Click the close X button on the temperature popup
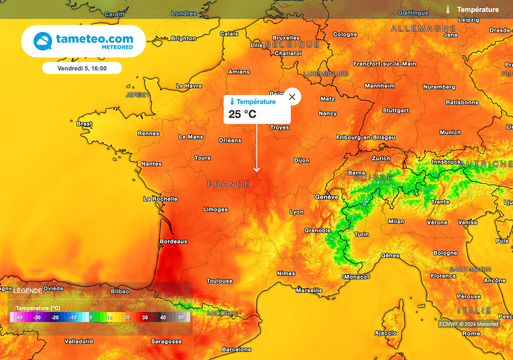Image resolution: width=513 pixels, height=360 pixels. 292,97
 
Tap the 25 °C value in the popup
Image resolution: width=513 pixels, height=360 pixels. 242,114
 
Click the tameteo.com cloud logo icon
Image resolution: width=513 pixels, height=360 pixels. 43,41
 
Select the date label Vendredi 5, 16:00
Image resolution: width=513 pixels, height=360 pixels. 82,68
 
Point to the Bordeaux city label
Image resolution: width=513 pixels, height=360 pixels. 173,241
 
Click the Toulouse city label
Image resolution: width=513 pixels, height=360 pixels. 219,281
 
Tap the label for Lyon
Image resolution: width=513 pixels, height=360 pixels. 297,212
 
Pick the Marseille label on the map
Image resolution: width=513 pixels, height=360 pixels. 309,290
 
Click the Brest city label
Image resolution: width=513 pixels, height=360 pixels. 84,124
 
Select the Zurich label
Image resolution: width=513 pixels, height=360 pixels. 381,158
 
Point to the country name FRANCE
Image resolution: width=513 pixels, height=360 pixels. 229,184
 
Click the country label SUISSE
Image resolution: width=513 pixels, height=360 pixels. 373,178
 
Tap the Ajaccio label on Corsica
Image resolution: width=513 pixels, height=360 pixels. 386,333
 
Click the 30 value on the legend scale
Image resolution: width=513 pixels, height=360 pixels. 145,317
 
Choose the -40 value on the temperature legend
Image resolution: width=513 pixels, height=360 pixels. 19,317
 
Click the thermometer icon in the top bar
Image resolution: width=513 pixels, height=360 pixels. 448,10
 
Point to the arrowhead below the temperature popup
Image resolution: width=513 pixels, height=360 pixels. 256,170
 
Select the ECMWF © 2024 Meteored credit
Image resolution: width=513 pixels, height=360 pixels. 469,324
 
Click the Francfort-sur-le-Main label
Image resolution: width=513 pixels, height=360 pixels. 384,64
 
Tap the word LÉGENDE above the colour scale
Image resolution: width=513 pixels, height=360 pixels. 28,291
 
